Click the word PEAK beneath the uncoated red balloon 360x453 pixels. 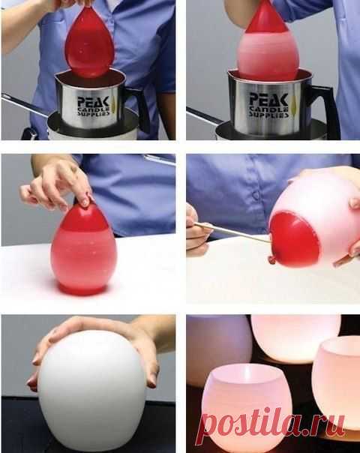coord(93,102)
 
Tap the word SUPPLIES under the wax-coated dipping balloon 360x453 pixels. coord(269,115)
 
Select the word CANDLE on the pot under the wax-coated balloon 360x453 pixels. coord(269,109)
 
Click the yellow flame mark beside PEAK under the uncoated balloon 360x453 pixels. coord(112,103)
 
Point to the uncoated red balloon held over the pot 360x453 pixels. coord(89,43)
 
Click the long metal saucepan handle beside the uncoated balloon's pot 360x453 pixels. coord(25,106)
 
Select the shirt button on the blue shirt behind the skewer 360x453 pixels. coord(256,196)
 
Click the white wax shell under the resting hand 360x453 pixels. coord(92,394)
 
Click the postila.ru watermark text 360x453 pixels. coord(272,424)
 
